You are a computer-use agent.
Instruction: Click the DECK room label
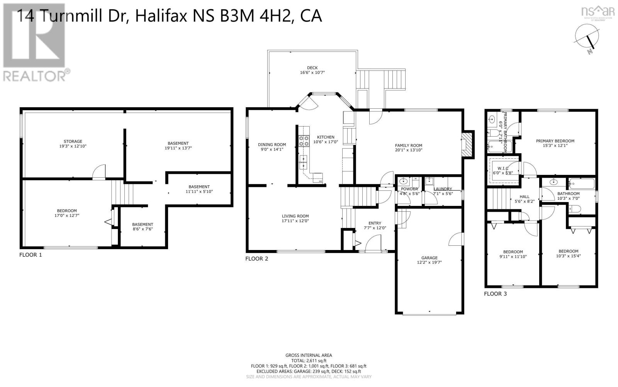pos(312,68)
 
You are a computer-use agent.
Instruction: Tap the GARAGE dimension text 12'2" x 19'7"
pos(429,262)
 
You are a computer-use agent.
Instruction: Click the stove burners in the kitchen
pos(304,141)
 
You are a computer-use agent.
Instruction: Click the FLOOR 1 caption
pos(31,255)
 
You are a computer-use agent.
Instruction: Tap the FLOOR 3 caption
pos(495,294)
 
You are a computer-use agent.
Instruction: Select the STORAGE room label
pos(73,141)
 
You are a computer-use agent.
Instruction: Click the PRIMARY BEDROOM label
pos(555,141)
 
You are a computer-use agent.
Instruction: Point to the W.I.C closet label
pos(503,168)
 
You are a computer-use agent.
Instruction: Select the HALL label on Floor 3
pos(524,197)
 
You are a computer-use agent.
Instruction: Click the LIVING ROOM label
pos(295,216)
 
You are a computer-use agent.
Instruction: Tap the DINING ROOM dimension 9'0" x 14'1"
pos(272,149)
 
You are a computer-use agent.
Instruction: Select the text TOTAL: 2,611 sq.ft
pos(309,360)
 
